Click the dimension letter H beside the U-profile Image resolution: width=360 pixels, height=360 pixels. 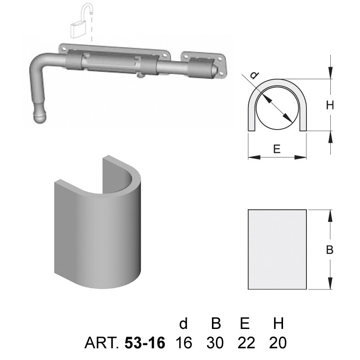point(330,105)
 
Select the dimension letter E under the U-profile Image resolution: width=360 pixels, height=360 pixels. point(277,149)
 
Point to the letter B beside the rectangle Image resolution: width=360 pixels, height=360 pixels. point(330,250)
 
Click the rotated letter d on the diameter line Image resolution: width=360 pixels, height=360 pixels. point(254,75)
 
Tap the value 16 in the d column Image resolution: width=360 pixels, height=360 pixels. point(184,343)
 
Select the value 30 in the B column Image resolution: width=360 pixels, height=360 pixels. point(215,343)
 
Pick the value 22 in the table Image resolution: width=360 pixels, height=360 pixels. point(246,343)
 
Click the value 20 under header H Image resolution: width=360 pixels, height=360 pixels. point(278,343)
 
